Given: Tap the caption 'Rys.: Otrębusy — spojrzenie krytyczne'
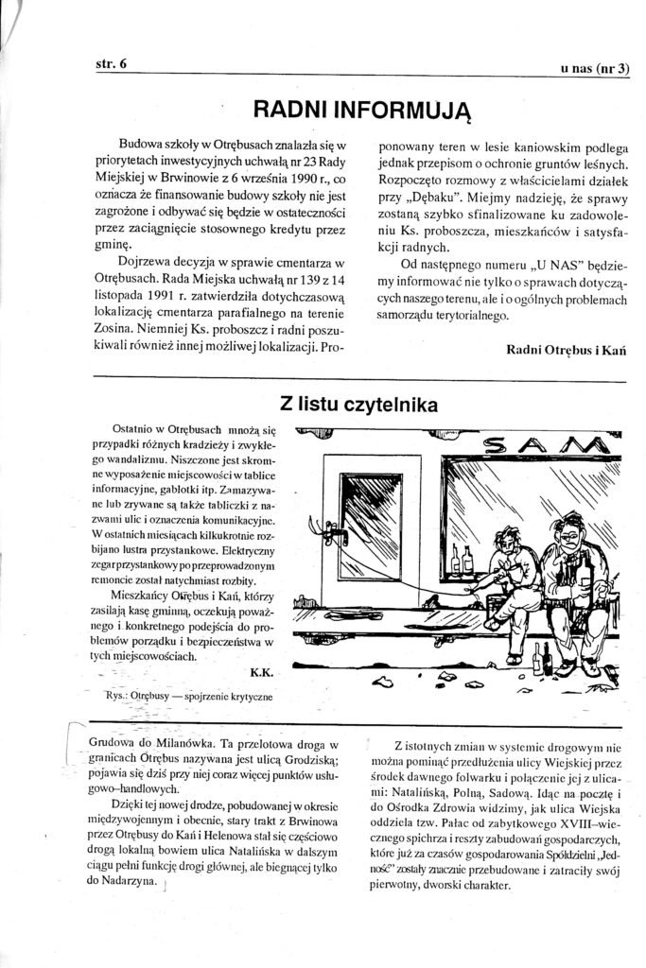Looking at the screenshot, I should pos(191,695).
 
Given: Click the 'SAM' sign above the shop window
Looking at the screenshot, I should pos(543,443).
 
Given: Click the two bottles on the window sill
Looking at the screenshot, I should pos(462,559).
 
